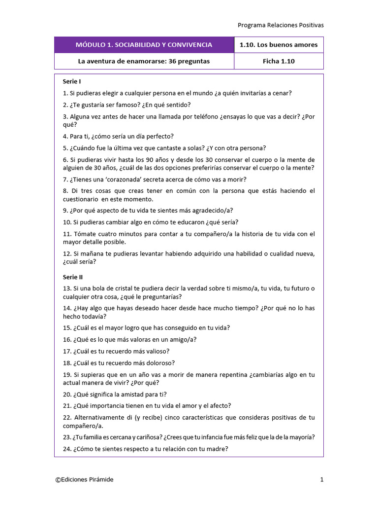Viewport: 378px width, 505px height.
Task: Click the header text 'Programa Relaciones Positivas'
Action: (x=281, y=25)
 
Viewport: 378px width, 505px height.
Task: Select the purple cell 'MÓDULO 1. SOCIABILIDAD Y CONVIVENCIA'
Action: (x=144, y=45)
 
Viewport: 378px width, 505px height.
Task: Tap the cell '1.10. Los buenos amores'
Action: (x=279, y=45)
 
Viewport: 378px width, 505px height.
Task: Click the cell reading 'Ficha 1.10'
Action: (x=279, y=61)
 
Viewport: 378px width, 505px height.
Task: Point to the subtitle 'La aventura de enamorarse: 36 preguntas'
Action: (x=144, y=61)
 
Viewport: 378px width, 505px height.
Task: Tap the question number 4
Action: (x=65, y=136)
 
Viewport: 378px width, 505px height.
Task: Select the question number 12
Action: (x=67, y=254)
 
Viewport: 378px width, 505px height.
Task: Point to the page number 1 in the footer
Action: (x=321, y=480)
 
